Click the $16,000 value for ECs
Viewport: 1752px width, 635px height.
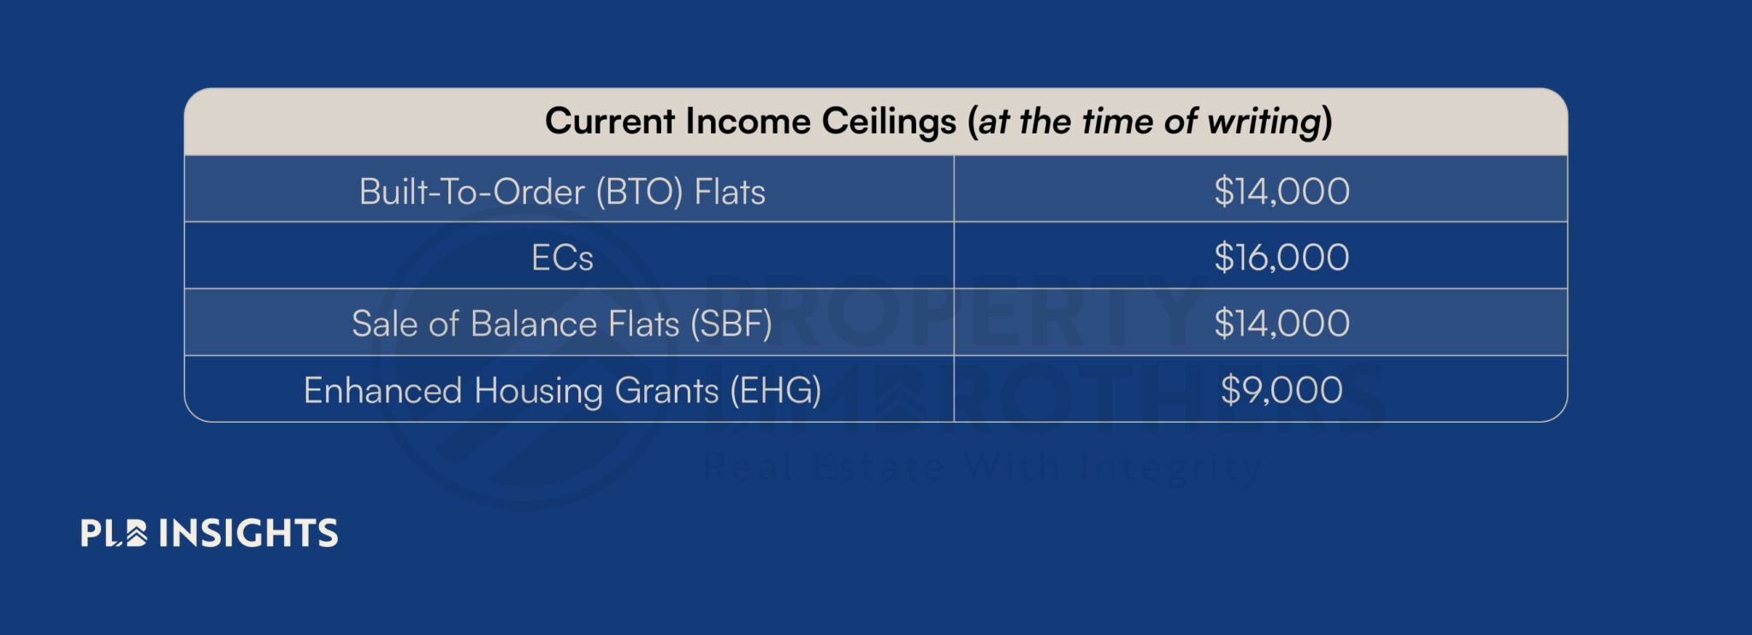point(1281,258)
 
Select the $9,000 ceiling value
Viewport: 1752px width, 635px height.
point(1281,390)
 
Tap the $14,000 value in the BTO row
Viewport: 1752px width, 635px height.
point(1281,191)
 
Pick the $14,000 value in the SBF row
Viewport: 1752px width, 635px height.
point(1281,323)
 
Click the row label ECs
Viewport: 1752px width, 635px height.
point(562,258)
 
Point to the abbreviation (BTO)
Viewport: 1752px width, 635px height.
point(639,192)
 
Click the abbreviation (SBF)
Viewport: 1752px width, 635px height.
point(731,324)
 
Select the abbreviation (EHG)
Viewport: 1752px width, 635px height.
point(775,391)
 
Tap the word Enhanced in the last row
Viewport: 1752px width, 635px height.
point(382,391)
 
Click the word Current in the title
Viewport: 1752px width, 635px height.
point(610,122)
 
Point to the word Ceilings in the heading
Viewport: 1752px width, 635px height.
point(889,122)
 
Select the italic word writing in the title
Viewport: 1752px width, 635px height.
point(1269,122)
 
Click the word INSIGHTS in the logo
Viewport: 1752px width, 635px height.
point(248,533)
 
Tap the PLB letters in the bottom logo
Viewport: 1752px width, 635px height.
point(113,533)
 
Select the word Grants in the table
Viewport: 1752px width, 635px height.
point(666,391)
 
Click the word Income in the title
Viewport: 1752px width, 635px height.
point(747,122)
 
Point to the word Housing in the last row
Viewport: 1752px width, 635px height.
point(538,391)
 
